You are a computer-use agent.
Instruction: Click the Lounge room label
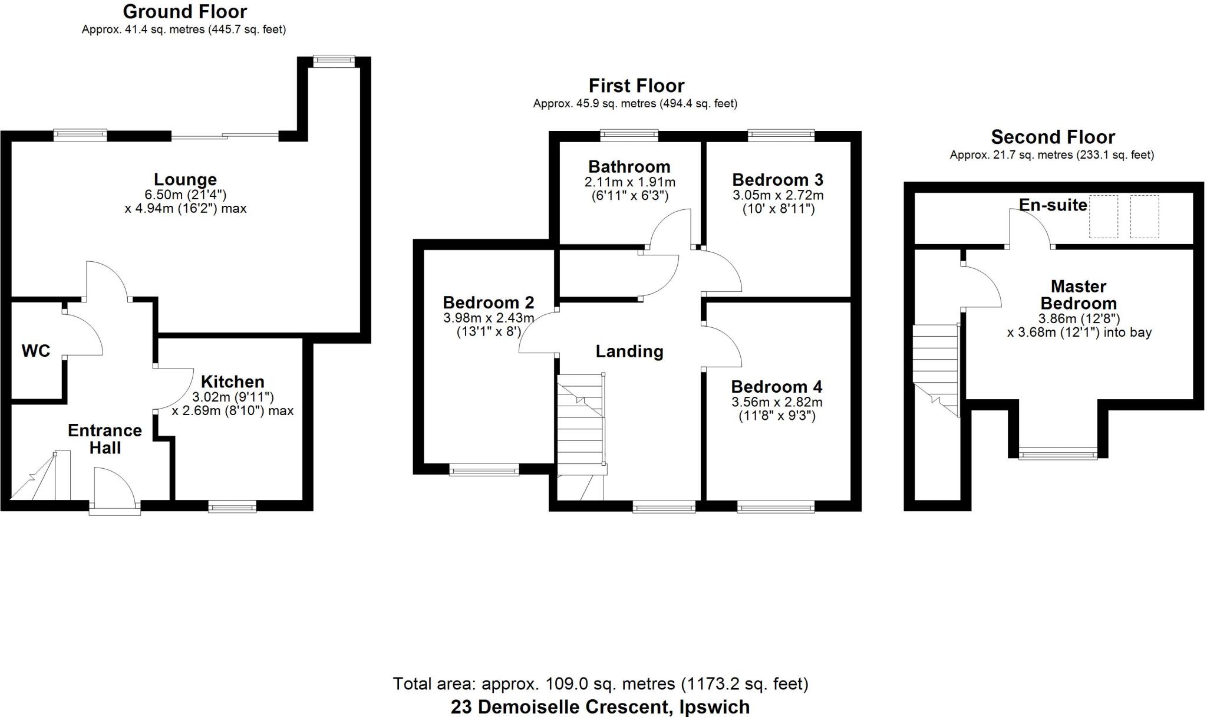[x=185, y=179]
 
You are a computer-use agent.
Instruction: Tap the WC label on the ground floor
[x=36, y=351]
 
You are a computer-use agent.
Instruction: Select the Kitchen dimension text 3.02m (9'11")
[x=233, y=397]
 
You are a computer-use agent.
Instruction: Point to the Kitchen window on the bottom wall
[x=232, y=506]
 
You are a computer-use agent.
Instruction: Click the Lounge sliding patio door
[x=225, y=137]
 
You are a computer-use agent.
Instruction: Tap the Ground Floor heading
[x=185, y=11]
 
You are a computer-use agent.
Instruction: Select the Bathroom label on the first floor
[x=629, y=166]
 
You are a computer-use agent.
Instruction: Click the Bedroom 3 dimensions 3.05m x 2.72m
[x=778, y=195]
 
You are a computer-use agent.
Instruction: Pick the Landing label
[x=629, y=351]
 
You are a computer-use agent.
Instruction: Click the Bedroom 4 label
[x=776, y=387]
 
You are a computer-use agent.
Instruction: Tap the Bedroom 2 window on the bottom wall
[x=484, y=470]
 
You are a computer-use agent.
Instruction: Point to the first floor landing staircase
[x=581, y=425]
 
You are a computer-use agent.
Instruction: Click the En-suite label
[x=1053, y=205]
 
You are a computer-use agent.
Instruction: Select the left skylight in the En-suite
[x=1103, y=216]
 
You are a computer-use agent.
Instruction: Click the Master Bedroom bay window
[x=1058, y=454]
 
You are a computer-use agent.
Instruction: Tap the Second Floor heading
[x=1053, y=137]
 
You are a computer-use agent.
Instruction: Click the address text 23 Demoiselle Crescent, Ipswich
[x=600, y=706]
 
